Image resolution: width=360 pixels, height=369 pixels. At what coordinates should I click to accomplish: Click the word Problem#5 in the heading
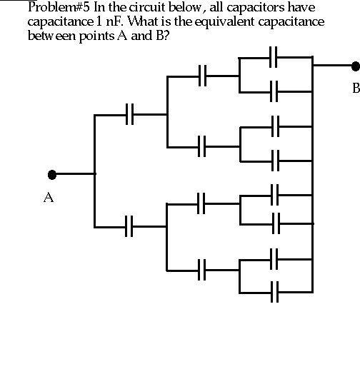59,7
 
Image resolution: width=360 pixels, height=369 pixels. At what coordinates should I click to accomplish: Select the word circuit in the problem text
148,7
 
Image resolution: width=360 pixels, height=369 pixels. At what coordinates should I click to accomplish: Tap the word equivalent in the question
224,22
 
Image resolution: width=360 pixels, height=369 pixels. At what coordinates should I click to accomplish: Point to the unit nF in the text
115,21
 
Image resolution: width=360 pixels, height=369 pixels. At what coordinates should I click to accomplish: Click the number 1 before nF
99,21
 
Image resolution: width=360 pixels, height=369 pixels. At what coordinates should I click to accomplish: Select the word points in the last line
96,36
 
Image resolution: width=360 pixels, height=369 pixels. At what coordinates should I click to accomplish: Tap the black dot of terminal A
52,175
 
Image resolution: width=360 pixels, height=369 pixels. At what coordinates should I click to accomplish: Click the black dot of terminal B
356,66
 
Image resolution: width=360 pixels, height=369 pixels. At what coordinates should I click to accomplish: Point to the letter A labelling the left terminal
49,198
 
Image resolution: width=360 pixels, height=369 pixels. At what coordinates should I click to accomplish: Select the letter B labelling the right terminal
356,88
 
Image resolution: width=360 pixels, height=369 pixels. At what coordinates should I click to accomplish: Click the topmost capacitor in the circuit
274,57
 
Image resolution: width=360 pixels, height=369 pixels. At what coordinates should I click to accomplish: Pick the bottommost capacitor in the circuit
274,292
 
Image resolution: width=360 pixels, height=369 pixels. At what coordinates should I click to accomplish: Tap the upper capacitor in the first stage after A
129,114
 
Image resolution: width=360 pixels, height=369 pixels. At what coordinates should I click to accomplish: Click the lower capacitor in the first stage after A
129,226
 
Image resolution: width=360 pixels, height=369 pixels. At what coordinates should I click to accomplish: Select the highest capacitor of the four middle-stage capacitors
202,76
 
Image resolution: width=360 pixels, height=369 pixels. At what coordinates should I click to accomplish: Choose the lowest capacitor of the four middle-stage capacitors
201,270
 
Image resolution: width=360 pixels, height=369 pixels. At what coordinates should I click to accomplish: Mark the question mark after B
166,36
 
